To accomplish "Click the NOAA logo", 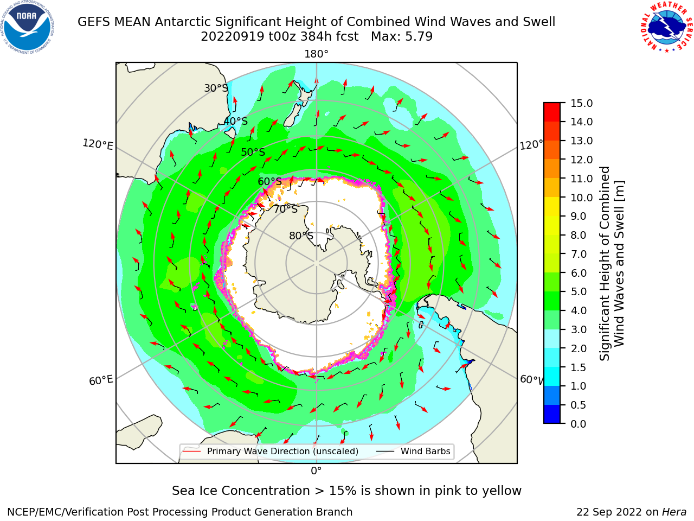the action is coord(27,27).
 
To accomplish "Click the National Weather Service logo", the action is coord(667,27).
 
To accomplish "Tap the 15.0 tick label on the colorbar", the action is coord(581,104).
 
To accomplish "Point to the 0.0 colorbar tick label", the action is coord(579,424).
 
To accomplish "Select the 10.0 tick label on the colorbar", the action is coord(581,198).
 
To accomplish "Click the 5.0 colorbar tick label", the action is coord(579,291).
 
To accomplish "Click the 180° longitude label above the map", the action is coord(316,54).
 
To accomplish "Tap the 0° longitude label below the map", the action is coord(316,471).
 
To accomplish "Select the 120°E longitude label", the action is coord(98,144).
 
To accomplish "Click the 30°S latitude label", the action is coord(216,88).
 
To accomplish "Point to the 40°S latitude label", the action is coord(236,121).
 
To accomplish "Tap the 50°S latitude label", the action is coord(253,152).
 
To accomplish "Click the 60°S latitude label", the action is coord(269,182).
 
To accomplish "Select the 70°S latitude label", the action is coord(286,209).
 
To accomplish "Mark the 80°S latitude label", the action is coord(301,236).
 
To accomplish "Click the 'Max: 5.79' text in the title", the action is coord(402,37).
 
